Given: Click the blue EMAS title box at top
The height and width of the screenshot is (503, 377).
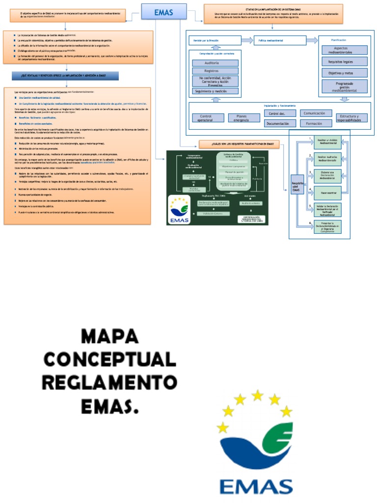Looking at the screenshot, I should point(163,12).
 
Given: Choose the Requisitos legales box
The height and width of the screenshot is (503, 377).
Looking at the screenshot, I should point(345,61).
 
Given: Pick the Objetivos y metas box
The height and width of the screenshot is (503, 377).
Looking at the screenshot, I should point(345,73).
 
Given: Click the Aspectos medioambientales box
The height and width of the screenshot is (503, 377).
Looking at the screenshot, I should point(345,50).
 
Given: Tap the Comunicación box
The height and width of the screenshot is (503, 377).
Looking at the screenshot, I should point(316,113).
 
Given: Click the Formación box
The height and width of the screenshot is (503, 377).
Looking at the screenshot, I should point(316,124).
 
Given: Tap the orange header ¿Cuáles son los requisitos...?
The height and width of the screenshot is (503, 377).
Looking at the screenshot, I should point(239,144).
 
